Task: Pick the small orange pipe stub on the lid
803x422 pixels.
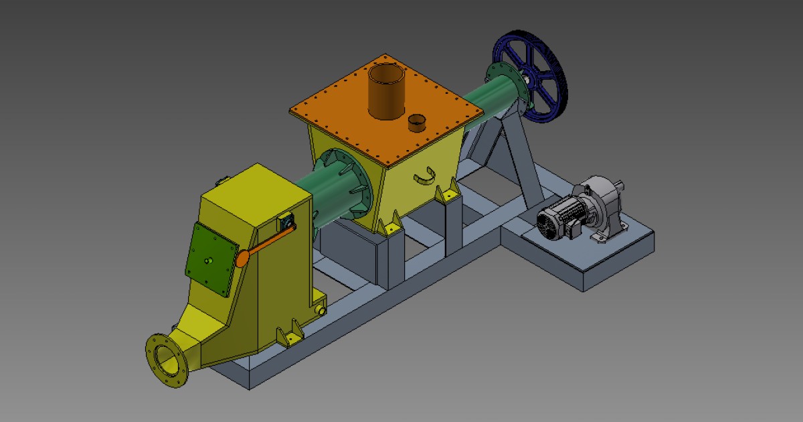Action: click(x=417, y=123)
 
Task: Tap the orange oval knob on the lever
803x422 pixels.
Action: click(x=243, y=257)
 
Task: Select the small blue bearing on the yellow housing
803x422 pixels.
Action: click(x=287, y=220)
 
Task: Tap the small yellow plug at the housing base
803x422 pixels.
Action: click(x=323, y=311)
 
